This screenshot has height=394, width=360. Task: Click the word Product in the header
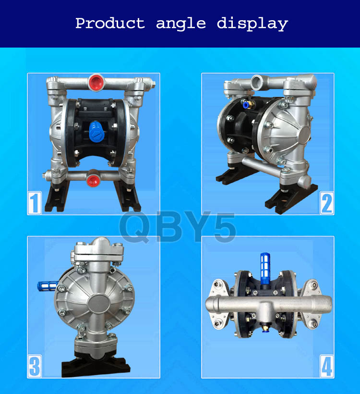(x=110, y=23)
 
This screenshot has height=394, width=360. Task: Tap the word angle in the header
(x=181, y=24)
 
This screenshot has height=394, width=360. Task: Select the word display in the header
(x=252, y=24)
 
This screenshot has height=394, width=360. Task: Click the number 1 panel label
(x=35, y=203)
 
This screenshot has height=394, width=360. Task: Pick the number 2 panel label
(x=326, y=203)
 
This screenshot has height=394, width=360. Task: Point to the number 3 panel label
(x=35, y=366)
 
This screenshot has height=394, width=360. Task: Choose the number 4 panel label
(x=326, y=366)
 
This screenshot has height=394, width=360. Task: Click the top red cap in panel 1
(x=96, y=82)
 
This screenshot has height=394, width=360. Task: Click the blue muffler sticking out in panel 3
(x=48, y=286)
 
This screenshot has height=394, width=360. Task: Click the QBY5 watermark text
(x=178, y=227)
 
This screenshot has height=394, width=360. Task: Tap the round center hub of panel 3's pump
(x=99, y=304)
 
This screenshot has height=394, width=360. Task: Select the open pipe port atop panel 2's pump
(x=257, y=81)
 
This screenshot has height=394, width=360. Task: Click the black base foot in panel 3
(x=96, y=366)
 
